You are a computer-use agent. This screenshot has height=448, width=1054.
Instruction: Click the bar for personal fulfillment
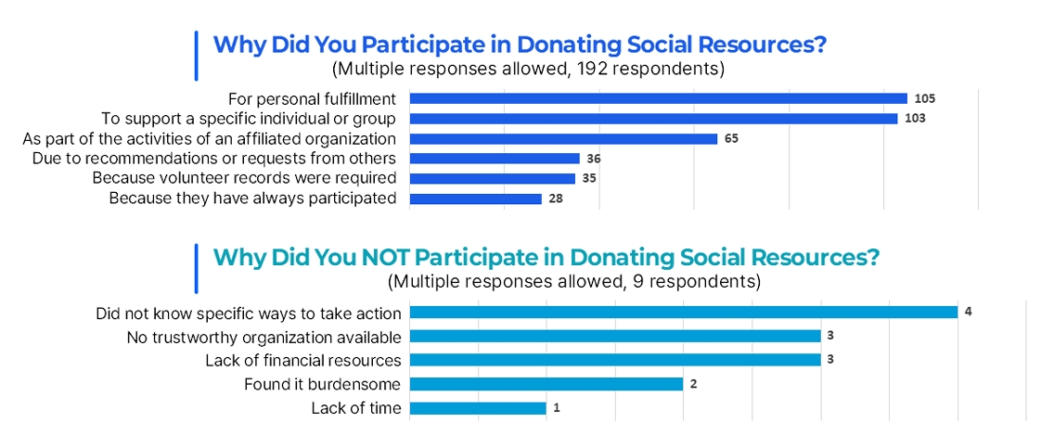click(x=658, y=98)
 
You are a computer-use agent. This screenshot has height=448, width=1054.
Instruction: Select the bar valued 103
click(x=653, y=119)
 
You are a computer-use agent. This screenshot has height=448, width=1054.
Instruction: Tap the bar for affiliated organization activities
click(x=563, y=139)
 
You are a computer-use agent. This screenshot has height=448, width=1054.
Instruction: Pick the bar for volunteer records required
click(x=492, y=179)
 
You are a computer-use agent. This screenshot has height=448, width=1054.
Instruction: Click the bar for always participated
click(x=475, y=198)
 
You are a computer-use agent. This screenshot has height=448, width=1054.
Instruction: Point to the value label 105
click(x=925, y=98)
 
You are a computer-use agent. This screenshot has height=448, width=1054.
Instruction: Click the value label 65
click(x=731, y=139)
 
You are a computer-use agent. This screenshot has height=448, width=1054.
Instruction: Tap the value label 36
click(x=593, y=160)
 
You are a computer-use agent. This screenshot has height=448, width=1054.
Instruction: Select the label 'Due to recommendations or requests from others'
click(x=213, y=159)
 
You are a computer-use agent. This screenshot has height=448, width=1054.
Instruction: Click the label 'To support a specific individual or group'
click(x=249, y=119)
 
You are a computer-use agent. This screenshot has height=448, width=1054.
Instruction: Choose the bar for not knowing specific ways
click(x=683, y=313)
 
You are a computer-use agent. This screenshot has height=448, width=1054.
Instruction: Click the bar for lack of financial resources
click(x=615, y=360)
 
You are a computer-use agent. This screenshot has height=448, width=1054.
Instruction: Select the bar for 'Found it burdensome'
click(x=546, y=384)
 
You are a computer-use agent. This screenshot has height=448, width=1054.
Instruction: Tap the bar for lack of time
click(x=477, y=408)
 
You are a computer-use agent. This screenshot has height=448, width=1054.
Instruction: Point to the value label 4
click(x=968, y=313)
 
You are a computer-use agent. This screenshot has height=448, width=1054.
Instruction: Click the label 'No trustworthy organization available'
click(x=264, y=337)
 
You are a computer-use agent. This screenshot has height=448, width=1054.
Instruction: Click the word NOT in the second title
click(x=380, y=259)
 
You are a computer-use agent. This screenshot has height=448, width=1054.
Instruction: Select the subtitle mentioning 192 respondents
click(x=528, y=70)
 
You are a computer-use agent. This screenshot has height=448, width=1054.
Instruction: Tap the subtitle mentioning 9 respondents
click(x=574, y=281)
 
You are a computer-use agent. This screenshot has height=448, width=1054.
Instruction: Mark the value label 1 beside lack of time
click(x=556, y=408)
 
